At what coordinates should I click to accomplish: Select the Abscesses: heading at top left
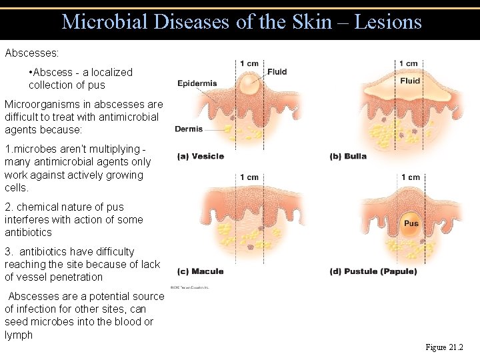pos(31,51)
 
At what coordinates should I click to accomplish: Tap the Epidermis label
pos(197,83)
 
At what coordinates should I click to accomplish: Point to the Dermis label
pos(189,129)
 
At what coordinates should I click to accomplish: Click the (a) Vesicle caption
pos(201,157)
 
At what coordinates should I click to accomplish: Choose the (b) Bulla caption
pos(349,157)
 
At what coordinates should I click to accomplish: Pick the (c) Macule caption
pos(200,271)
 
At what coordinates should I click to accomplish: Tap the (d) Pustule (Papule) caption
pos(373,271)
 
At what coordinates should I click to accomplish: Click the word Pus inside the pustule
pos(411,223)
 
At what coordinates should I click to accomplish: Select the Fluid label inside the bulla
pos(410,81)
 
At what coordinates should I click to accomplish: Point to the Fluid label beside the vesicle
pos(277,72)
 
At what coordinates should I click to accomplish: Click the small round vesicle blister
pos(249,85)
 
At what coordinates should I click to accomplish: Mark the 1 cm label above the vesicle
pos(249,63)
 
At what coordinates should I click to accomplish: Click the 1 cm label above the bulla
pos(409,63)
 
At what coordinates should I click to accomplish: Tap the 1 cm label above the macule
pos(249,177)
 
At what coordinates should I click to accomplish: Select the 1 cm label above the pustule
pos(410,177)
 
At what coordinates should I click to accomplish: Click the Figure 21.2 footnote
pos(444,347)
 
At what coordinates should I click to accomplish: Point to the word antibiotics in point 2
pos(28,233)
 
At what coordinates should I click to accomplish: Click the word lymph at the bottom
pos(19,335)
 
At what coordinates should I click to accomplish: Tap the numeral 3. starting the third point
pos(9,252)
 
